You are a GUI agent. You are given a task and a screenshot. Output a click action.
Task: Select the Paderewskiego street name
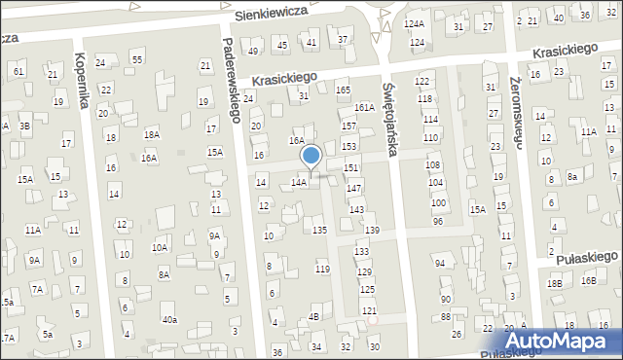click(230, 79)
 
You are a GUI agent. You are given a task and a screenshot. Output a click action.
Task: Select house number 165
click(343, 90)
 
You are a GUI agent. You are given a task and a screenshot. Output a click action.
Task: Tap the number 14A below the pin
click(300, 182)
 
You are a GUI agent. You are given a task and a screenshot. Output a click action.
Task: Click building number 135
click(319, 230)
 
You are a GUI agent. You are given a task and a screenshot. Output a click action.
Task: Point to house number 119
click(323, 269)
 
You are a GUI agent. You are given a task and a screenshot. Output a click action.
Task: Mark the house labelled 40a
click(170, 319)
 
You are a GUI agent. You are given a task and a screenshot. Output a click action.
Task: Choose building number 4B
click(313, 317)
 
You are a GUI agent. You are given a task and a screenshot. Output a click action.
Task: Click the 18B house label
click(554, 283)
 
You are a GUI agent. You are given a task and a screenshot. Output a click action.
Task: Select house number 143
click(357, 210)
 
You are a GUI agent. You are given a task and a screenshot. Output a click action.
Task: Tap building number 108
click(433, 165)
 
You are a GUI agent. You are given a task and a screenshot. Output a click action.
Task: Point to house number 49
click(253, 51)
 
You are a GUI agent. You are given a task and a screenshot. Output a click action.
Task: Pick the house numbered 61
click(18, 72)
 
